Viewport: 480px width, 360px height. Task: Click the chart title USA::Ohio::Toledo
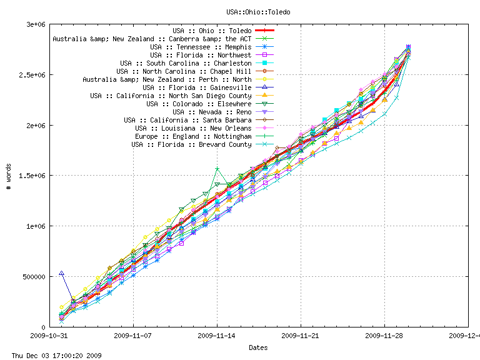click(x=258, y=12)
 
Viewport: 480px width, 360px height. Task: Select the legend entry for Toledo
click(x=212, y=30)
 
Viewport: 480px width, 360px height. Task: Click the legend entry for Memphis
click(x=201, y=47)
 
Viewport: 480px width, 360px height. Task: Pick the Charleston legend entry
click(x=186, y=63)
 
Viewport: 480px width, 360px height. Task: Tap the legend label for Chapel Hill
click(x=184, y=71)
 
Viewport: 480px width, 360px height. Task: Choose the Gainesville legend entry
click(x=197, y=87)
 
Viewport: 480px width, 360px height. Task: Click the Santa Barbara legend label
click(x=187, y=120)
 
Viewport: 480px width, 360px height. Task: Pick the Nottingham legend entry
click(x=193, y=136)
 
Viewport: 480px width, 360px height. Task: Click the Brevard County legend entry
click(x=191, y=144)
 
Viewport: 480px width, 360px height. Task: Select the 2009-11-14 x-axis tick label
click(x=217, y=336)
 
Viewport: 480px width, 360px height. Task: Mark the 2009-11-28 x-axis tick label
click(x=384, y=336)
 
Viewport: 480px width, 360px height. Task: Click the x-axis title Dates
click(x=258, y=347)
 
